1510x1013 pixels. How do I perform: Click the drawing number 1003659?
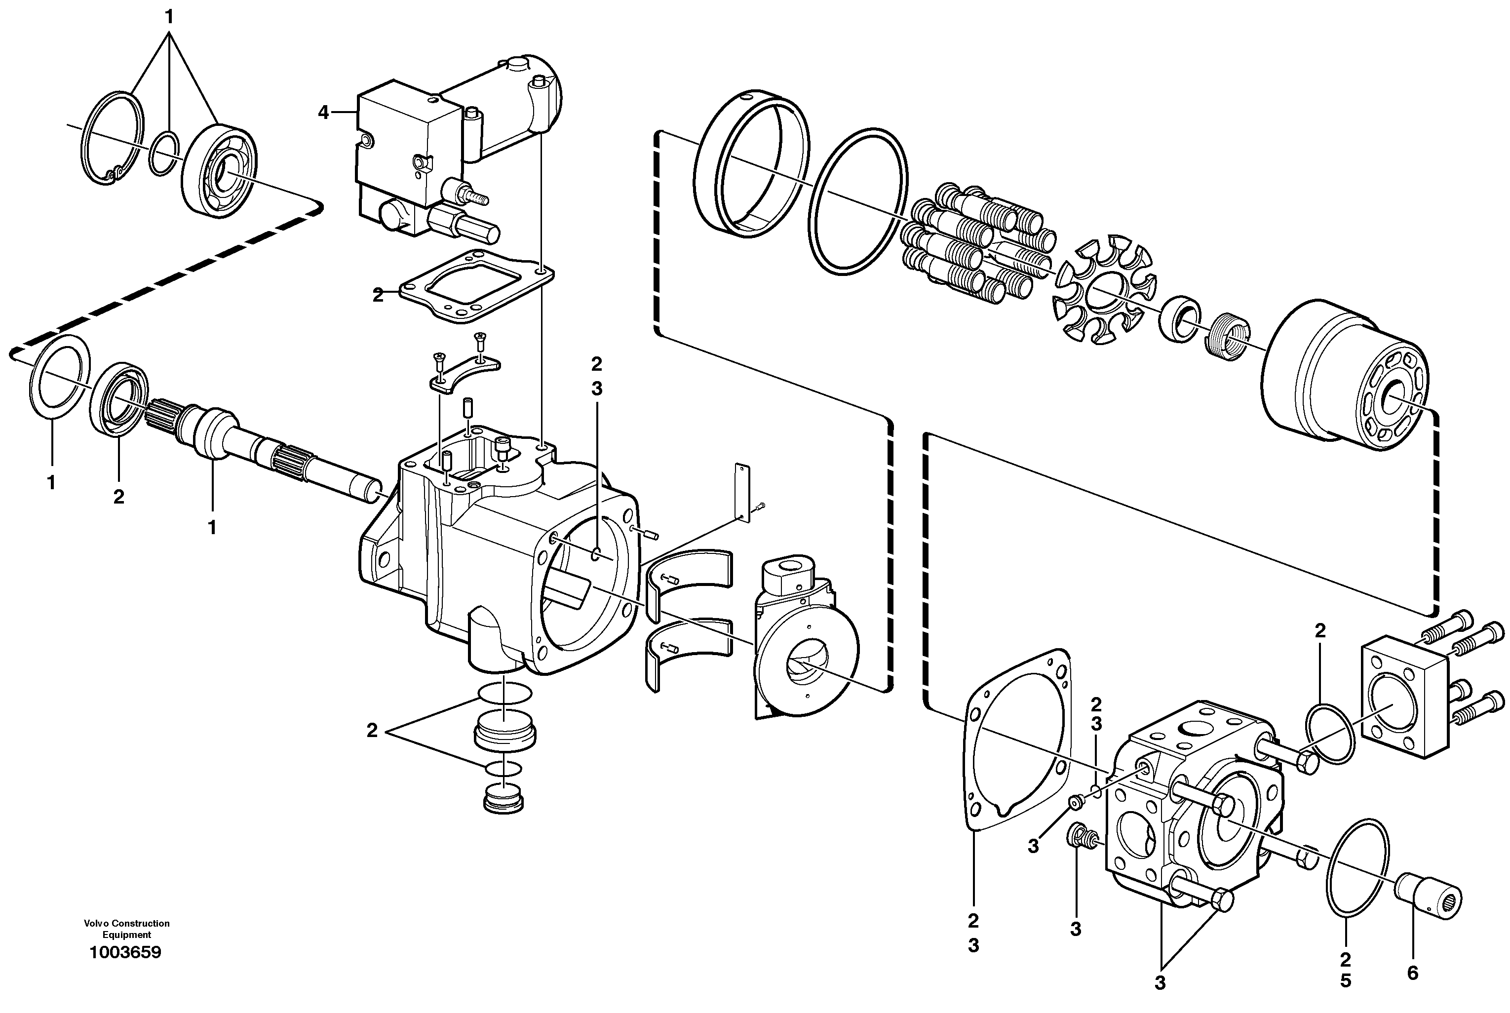coord(125,952)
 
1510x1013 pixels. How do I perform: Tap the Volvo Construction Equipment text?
coord(126,929)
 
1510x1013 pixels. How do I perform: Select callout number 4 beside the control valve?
coord(323,113)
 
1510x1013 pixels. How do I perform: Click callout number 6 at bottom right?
coord(1412,973)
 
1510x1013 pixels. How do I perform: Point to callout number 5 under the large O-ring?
coord(1345,981)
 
